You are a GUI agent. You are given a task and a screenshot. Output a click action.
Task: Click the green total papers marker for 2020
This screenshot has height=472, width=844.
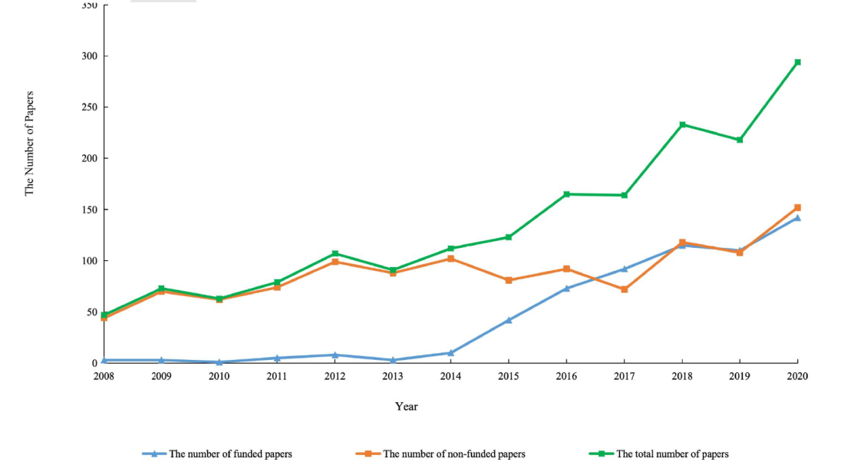(798, 62)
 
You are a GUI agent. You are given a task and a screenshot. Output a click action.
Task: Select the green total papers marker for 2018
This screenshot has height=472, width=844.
(682, 124)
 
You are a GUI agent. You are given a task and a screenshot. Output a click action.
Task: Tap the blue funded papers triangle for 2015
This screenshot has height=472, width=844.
(509, 320)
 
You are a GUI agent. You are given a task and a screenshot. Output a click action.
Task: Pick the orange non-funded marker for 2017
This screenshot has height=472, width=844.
(625, 289)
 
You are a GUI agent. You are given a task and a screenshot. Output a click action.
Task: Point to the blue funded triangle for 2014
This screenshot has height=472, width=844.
(450, 353)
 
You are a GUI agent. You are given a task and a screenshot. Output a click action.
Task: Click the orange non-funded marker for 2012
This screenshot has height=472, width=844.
(335, 262)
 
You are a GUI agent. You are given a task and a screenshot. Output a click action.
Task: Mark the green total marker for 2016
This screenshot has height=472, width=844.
(566, 194)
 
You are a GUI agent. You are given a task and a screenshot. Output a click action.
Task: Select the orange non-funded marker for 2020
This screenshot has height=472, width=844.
(798, 207)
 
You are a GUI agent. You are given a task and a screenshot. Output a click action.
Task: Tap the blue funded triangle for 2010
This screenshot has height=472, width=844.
(219, 362)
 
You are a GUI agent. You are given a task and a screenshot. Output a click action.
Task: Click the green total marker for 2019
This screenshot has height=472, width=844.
(740, 140)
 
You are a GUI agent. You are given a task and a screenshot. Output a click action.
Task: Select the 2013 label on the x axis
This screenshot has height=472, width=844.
(393, 376)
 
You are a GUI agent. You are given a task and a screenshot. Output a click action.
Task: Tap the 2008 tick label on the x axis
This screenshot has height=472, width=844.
(104, 376)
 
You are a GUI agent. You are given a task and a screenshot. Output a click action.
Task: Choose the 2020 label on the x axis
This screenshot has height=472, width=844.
(798, 376)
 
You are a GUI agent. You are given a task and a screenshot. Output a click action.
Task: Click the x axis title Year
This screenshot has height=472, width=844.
(407, 407)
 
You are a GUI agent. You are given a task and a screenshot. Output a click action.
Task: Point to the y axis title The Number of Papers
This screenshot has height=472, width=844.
(30, 144)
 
